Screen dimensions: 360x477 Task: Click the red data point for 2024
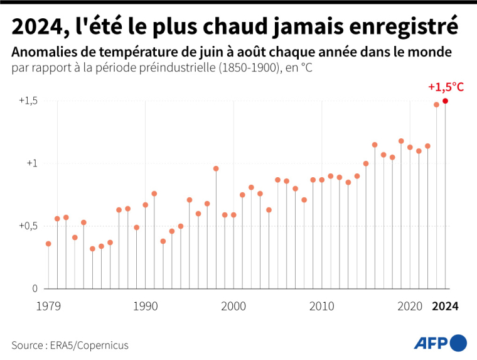445,101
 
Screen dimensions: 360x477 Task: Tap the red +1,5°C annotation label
446,87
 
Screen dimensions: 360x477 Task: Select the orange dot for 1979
48,244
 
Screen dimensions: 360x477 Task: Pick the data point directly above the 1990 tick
145,205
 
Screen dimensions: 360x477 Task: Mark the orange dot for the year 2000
233,215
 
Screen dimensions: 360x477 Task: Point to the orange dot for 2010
322,180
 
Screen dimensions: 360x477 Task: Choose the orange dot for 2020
410,147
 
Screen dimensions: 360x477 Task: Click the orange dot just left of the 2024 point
436,104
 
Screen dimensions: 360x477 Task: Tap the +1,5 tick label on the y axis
28,101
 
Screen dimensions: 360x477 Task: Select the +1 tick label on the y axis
31,163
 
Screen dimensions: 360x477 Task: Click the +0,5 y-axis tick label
28,226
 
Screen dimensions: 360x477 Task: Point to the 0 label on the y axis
35,288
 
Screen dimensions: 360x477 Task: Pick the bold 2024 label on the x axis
446,307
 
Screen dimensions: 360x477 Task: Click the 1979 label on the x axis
48,307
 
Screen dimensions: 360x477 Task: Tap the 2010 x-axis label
322,307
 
